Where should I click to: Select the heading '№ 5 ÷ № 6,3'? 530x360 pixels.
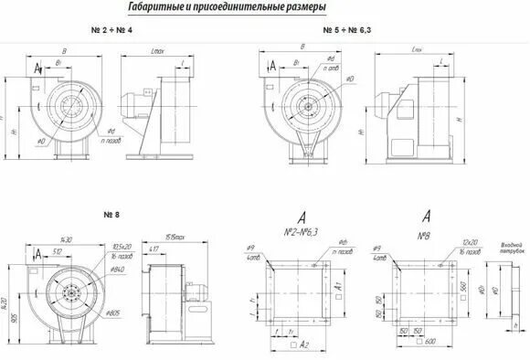[x=347, y=31]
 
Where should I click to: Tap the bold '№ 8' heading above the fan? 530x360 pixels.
[x=111, y=215]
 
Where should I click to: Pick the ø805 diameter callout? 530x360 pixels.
[x=117, y=313]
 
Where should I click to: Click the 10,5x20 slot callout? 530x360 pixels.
[x=122, y=246]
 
